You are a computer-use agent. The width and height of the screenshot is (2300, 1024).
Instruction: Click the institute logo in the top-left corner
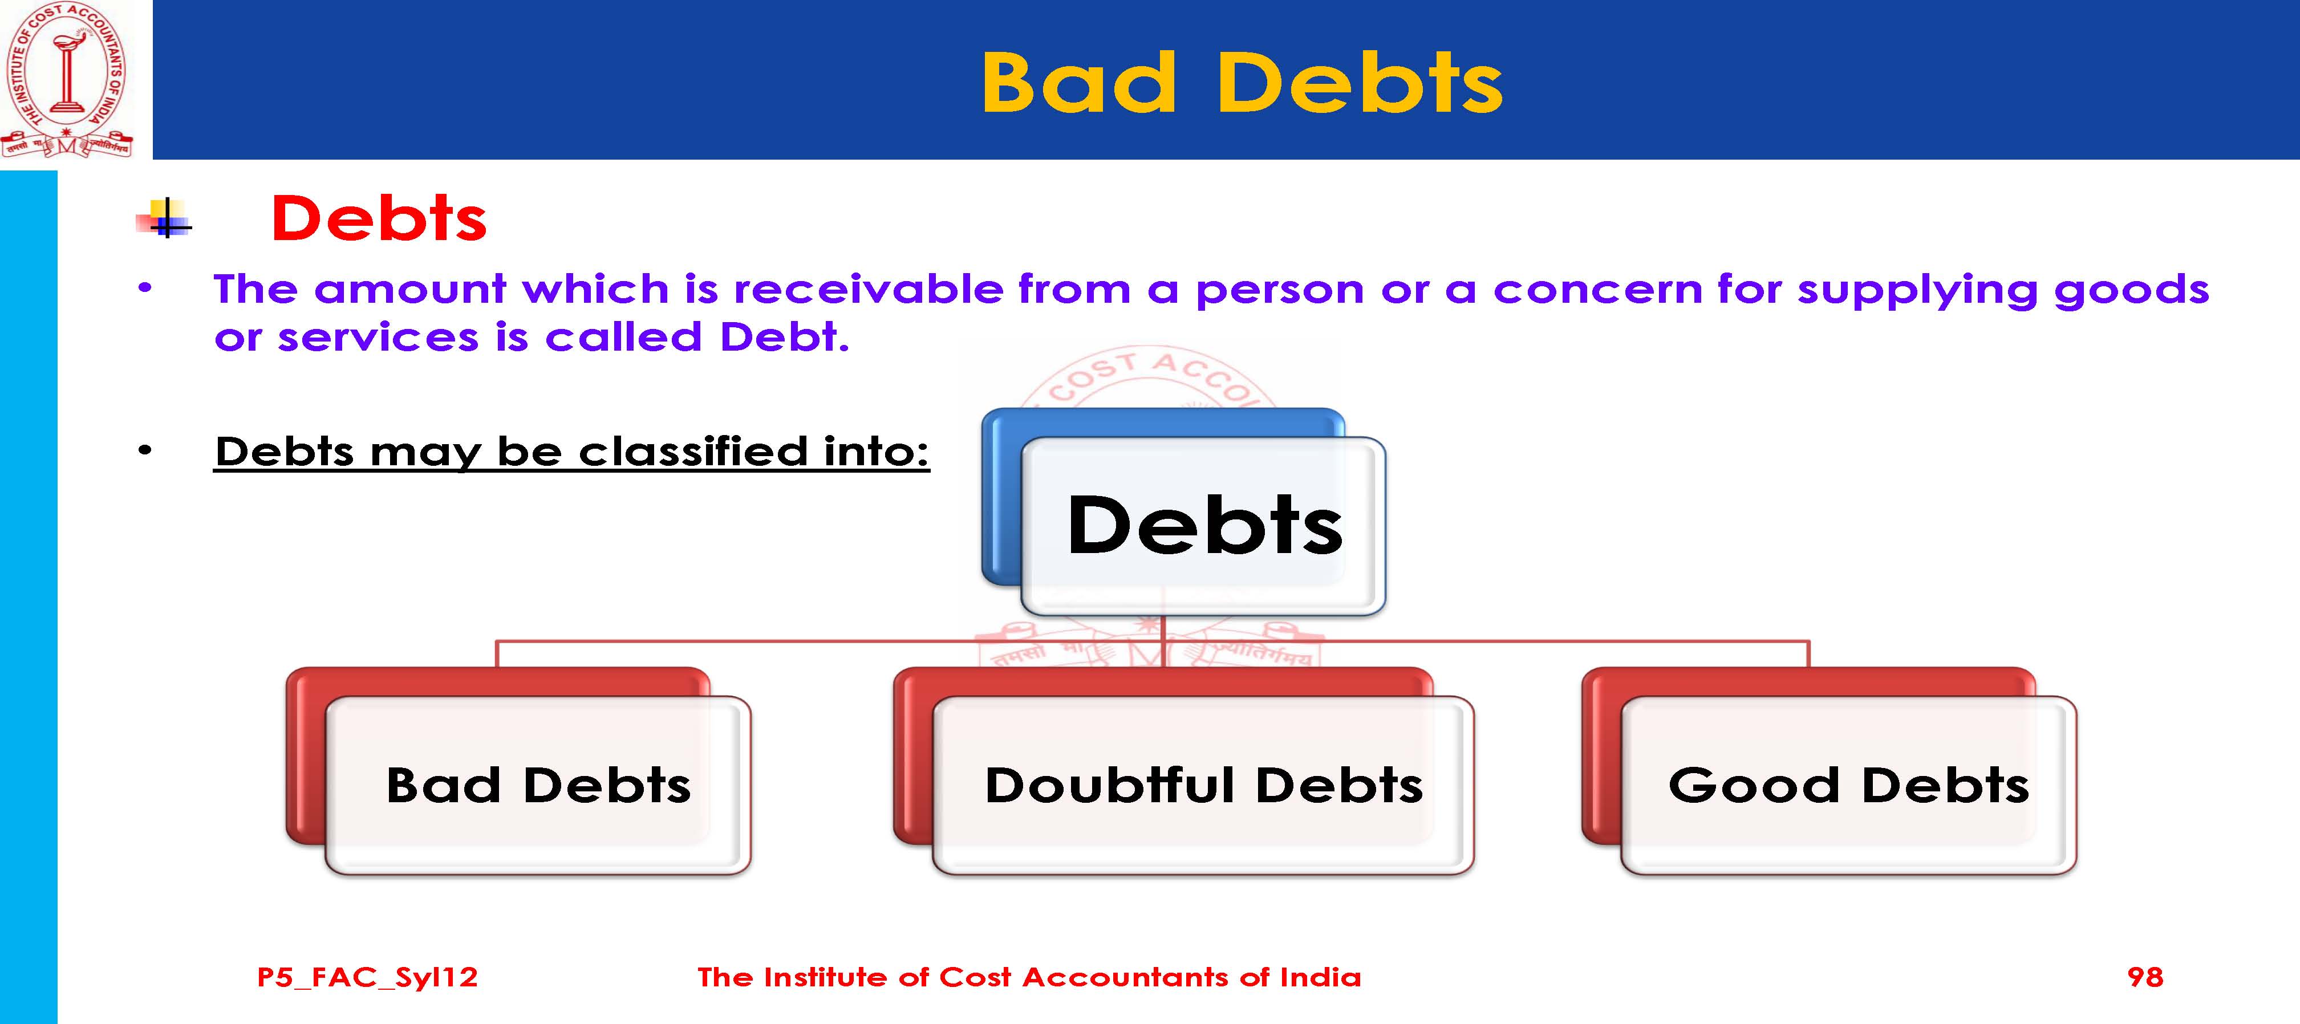tap(67, 80)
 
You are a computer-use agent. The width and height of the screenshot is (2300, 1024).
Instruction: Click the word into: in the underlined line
tap(877, 451)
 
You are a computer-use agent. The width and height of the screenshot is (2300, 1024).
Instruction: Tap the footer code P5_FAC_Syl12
tap(367, 978)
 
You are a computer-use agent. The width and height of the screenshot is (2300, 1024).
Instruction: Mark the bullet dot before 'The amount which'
tap(145, 288)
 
